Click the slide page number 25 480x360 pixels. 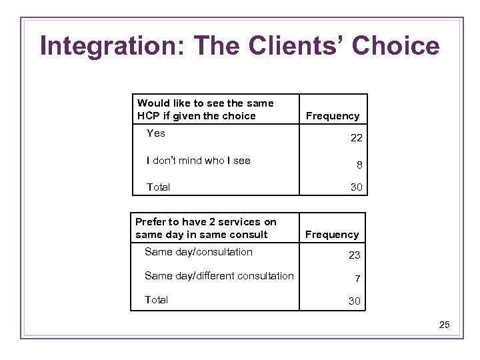click(x=445, y=325)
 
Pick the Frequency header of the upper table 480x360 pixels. click(x=332, y=116)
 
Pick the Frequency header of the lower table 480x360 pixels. click(x=331, y=235)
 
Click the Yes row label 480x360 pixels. click(x=156, y=133)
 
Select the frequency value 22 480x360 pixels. click(x=357, y=138)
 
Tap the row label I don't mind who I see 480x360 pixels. click(x=199, y=161)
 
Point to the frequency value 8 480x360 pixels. click(x=359, y=165)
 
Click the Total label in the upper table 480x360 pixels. click(x=158, y=187)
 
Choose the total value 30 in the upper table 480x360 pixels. click(x=357, y=187)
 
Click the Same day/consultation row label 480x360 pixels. click(x=199, y=252)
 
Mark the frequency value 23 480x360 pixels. click(x=355, y=255)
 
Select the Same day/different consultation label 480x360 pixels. click(x=219, y=276)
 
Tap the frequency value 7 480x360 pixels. click(x=357, y=279)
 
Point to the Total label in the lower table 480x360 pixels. click(x=157, y=300)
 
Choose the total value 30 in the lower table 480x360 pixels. click(x=355, y=301)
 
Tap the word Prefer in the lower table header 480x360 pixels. click(x=151, y=222)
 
